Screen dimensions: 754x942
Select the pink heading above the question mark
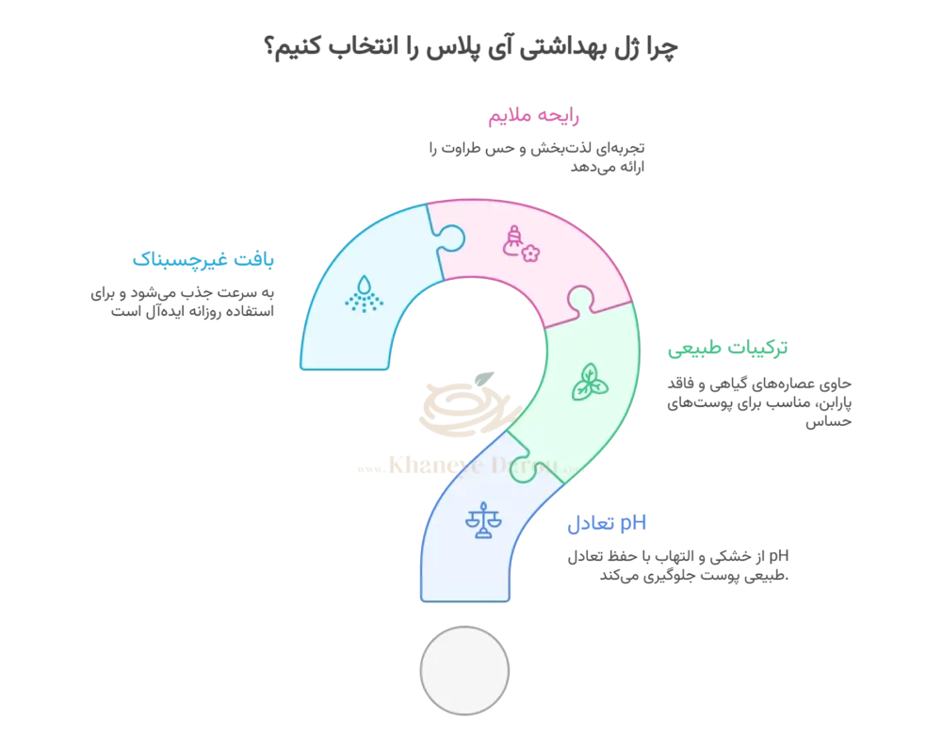[x=532, y=118]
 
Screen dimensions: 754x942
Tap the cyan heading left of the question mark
[x=204, y=259]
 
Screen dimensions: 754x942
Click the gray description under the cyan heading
[x=185, y=300]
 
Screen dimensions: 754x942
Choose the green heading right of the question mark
[x=727, y=350]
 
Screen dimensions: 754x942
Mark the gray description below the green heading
[x=761, y=400]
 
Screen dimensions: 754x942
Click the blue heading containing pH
[x=607, y=524]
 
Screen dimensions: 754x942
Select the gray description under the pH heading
[x=678, y=564]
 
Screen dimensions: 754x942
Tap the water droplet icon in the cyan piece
[x=364, y=293]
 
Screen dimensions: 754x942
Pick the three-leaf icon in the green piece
[x=590, y=382]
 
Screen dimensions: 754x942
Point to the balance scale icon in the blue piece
[x=483, y=519]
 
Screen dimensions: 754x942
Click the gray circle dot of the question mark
[x=464, y=670]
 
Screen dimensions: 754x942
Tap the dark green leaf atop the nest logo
[x=483, y=379]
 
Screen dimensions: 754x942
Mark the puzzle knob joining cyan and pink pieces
[x=448, y=236]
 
